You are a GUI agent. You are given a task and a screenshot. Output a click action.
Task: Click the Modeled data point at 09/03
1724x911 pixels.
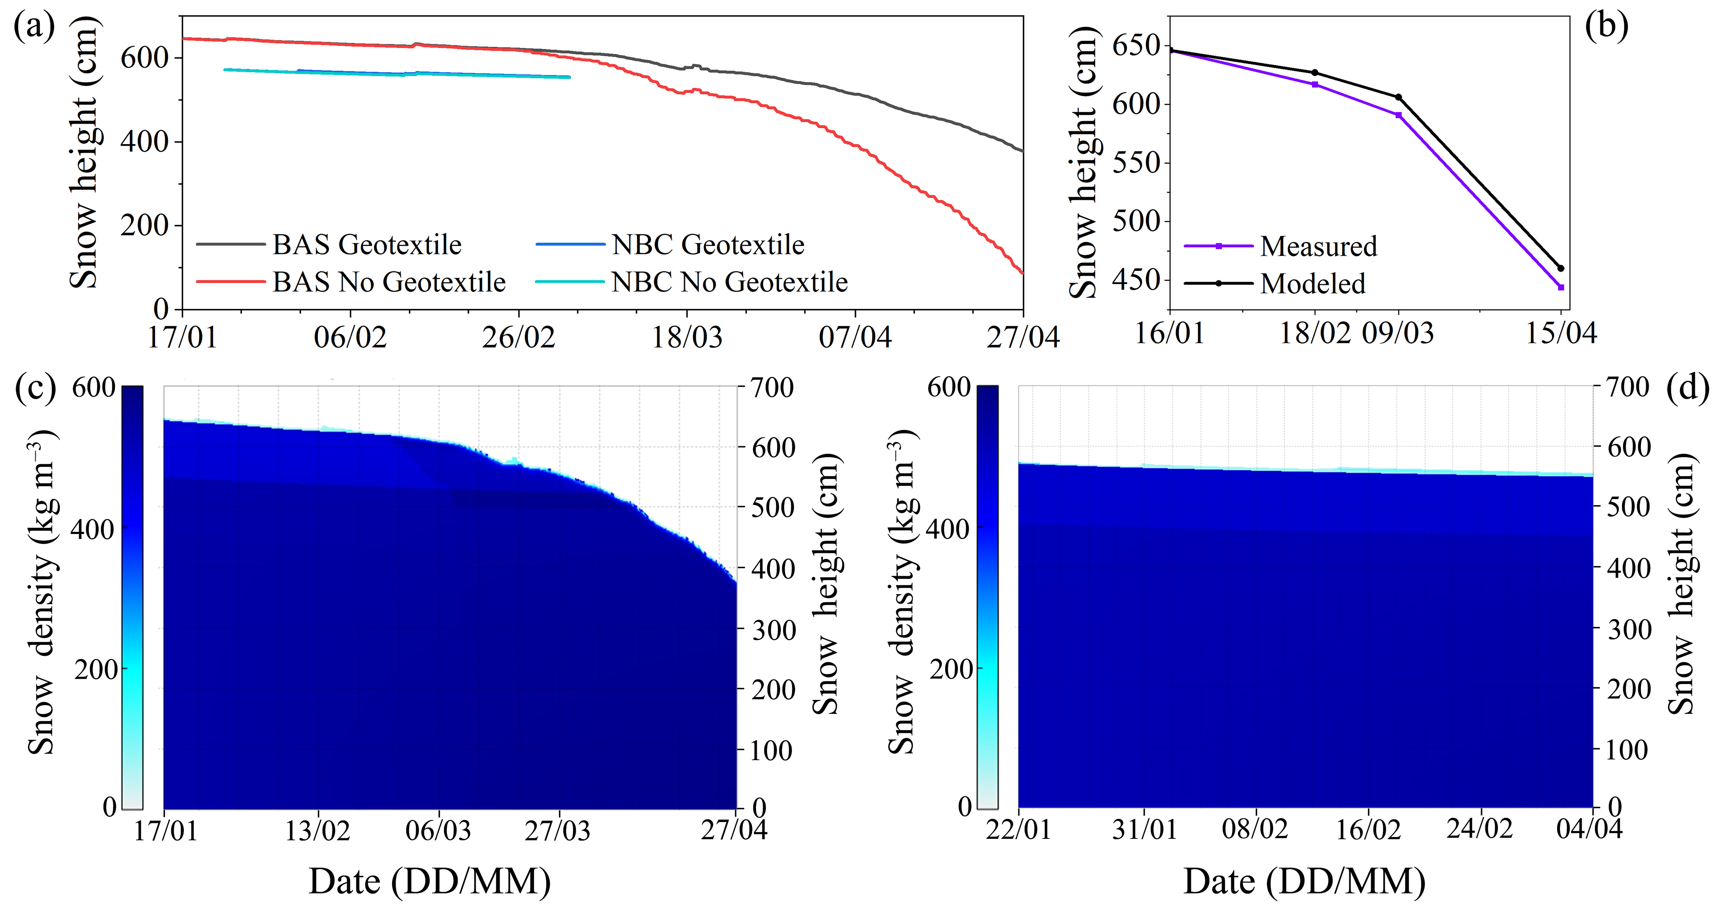pos(1398,98)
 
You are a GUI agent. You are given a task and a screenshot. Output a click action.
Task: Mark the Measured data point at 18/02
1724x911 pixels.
pos(1315,84)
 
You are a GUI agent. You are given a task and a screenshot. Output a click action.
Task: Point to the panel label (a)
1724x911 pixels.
pos(34,27)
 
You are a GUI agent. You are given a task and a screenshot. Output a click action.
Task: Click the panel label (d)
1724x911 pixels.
pos(1688,388)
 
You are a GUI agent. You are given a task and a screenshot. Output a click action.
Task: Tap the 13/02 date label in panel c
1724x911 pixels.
pos(318,831)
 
